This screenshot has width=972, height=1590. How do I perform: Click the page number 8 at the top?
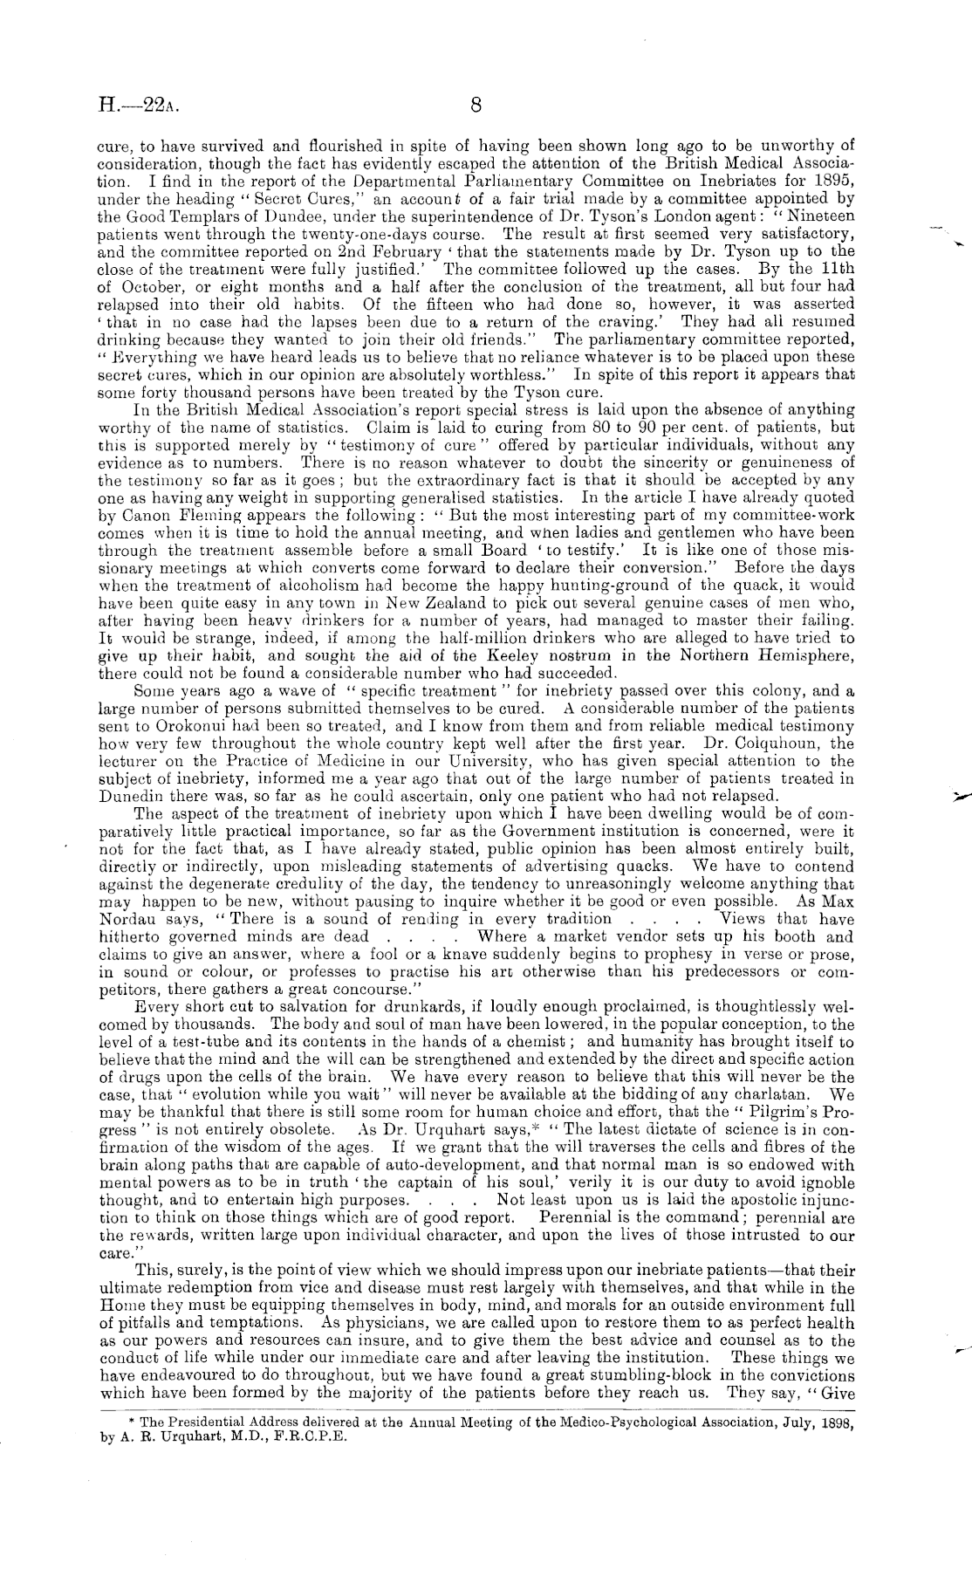pyautogui.click(x=476, y=106)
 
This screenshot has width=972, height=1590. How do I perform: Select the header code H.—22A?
pyautogui.click(x=140, y=107)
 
